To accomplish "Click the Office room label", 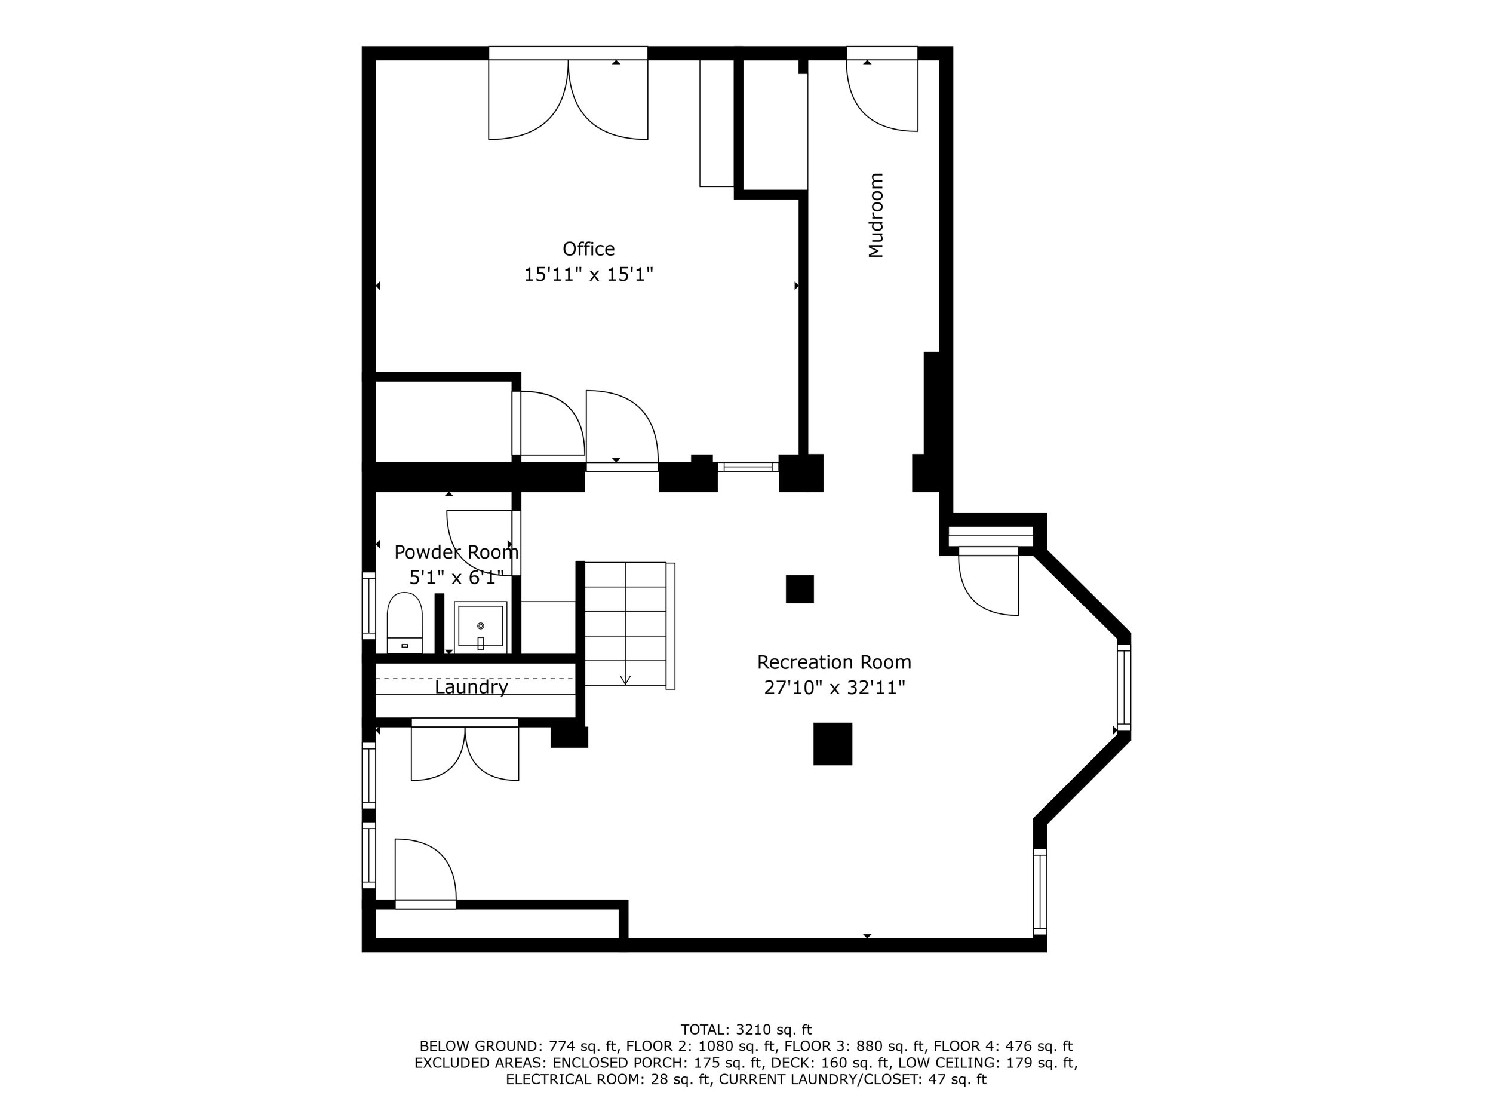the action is [x=589, y=249].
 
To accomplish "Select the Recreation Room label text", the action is [x=834, y=662].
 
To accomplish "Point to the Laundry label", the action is [x=471, y=688].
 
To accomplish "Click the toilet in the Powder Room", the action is [x=404, y=623].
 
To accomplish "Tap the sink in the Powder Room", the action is [x=481, y=627].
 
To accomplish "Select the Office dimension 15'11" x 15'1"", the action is [x=589, y=275].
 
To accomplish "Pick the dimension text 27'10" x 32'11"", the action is [x=834, y=688].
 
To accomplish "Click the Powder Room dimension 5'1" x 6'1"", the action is [x=456, y=578].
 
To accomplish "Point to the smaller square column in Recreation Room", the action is [x=800, y=589].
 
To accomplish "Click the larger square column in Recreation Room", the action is [x=833, y=744].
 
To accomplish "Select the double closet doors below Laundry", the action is [x=465, y=753].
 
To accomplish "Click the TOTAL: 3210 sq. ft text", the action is [x=746, y=1030].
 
